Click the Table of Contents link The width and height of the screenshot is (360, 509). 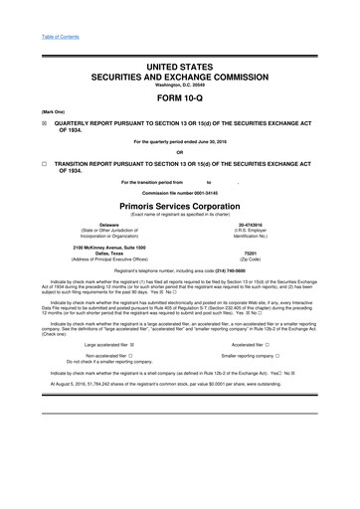(38, 9)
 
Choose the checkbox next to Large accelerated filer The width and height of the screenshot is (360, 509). (147, 372)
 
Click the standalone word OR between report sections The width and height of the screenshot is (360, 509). (179, 152)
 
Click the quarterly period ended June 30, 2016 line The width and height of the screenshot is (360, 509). (179, 139)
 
